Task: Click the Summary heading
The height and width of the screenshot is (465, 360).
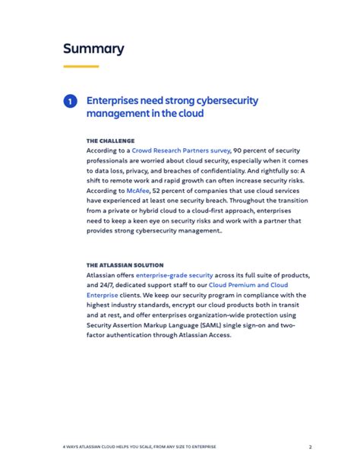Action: [93, 49]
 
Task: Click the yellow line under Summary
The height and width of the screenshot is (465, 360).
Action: [81, 67]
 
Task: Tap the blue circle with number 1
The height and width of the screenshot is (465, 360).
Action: [70, 101]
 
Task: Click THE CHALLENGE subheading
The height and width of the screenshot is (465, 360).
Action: [110, 141]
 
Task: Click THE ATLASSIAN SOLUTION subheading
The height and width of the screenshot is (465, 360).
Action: [125, 265]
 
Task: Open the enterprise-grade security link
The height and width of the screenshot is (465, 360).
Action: [174, 275]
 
